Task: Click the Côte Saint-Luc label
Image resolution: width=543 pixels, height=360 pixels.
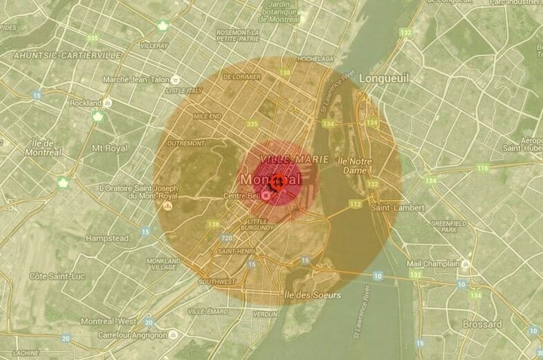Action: point(57,276)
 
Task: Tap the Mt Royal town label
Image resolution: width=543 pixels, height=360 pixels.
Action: point(108,149)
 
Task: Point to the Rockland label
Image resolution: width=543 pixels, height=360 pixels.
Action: point(84,103)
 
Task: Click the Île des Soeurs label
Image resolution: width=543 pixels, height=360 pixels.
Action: point(313,294)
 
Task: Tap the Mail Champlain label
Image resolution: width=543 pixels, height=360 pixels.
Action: point(433,263)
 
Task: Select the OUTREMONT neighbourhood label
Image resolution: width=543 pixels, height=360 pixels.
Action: point(186,143)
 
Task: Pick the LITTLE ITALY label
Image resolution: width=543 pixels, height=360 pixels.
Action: point(186,90)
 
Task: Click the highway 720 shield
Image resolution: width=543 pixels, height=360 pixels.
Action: point(226,238)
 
